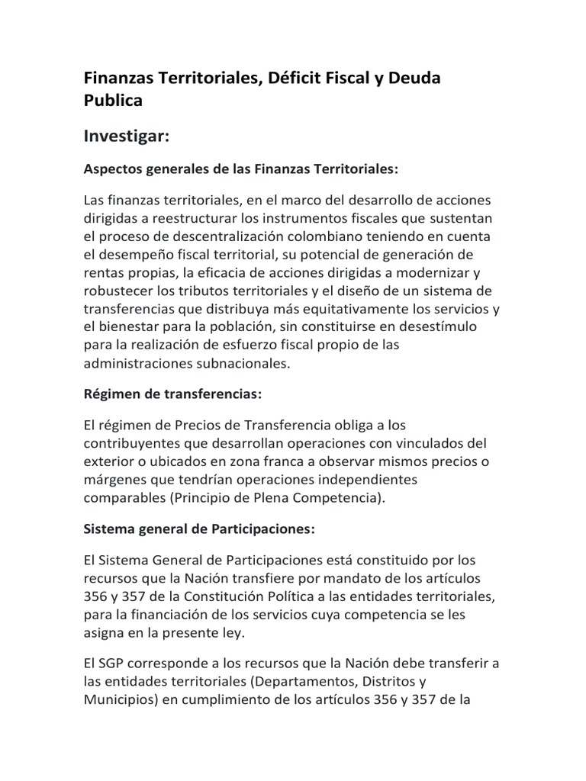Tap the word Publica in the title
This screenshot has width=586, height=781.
click(x=113, y=100)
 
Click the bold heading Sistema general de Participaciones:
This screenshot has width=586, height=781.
click(x=198, y=529)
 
